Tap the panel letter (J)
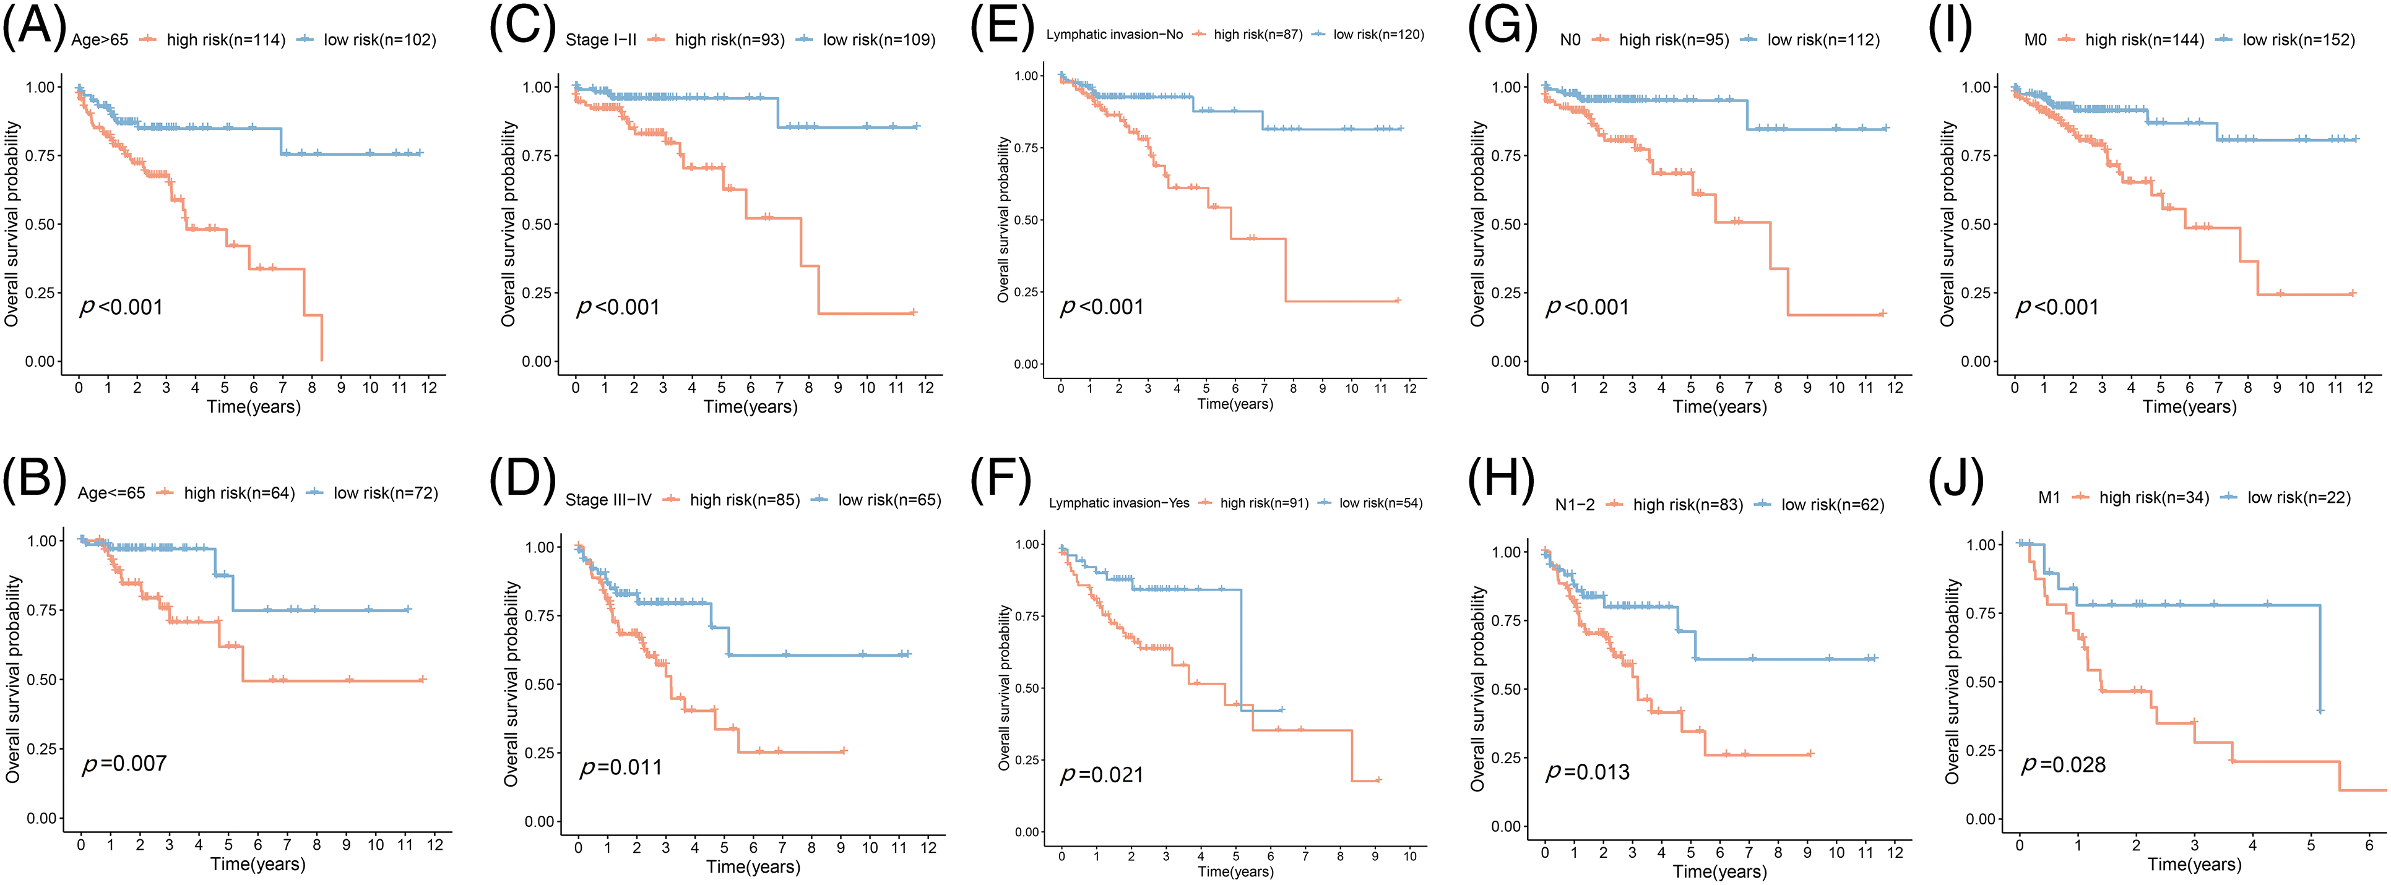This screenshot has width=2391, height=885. click(1956, 481)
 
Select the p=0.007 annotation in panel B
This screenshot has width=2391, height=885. click(124, 763)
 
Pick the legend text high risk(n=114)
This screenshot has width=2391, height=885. click(225, 40)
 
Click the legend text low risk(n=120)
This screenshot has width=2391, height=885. click(1378, 35)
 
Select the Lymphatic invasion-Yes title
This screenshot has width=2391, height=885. click(1118, 503)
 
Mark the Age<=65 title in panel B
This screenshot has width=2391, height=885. click(111, 494)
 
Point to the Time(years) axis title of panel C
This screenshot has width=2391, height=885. click(750, 406)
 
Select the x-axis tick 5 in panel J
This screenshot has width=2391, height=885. click(2311, 845)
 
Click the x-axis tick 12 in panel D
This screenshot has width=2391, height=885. click(928, 847)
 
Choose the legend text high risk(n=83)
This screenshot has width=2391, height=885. click(1687, 505)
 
